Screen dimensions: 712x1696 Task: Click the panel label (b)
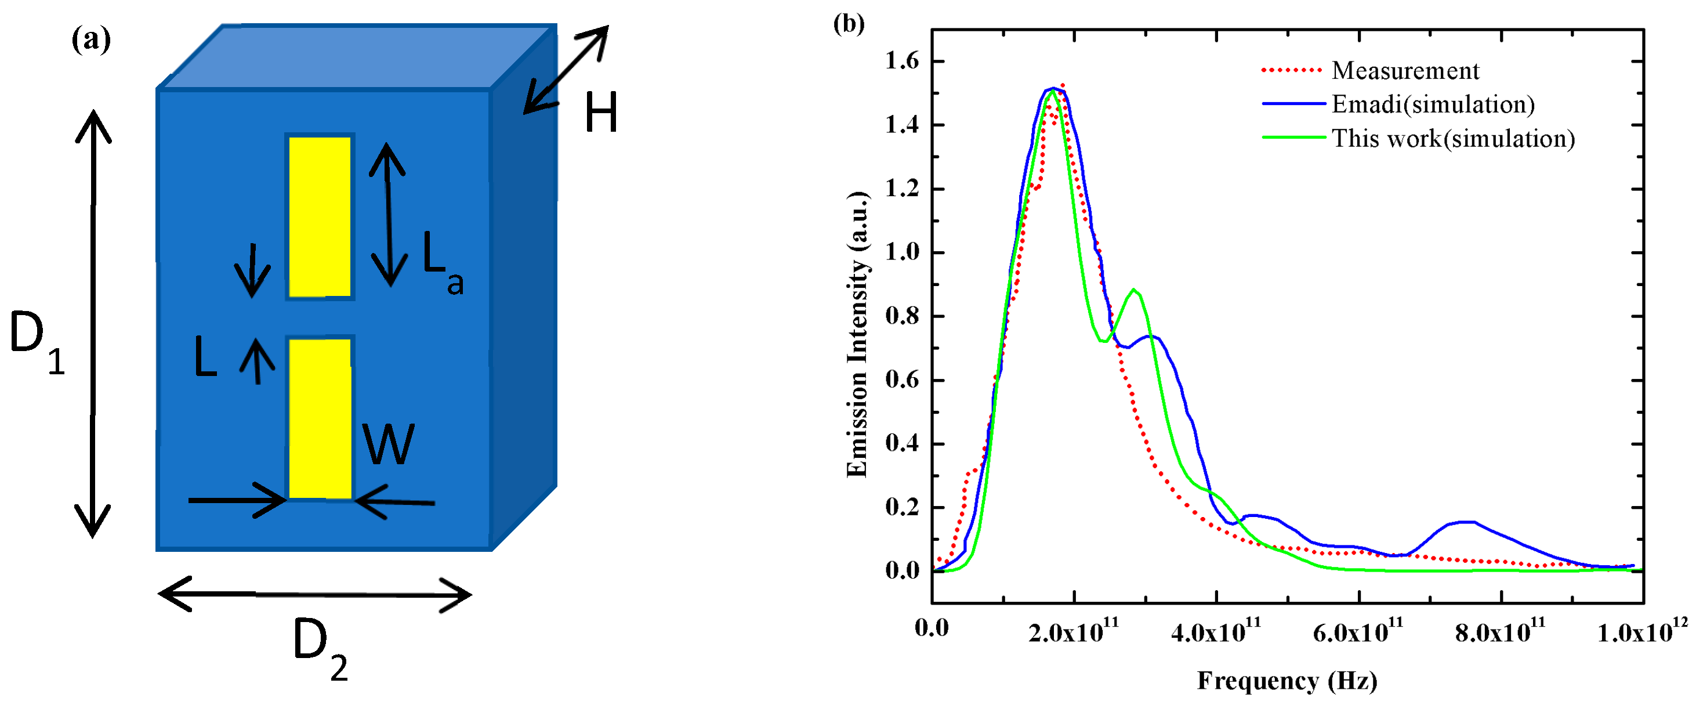click(849, 24)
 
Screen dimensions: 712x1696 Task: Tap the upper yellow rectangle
click(320, 216)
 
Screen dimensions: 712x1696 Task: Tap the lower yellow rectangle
click(320, 418)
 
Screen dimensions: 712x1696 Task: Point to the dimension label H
click(601, 113)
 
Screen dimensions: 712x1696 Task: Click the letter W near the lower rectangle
click(389, 444)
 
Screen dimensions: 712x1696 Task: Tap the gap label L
click(205, 357)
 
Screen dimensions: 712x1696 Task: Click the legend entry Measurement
click(1405, 70)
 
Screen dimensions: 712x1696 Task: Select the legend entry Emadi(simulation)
click(1433, 104)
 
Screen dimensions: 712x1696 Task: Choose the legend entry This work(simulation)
click(1453, 138)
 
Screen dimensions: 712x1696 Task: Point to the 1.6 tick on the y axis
click(902, 62)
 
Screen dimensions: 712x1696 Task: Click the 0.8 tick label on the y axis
click(902, 316)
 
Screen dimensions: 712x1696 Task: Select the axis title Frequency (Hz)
click(1287, 681)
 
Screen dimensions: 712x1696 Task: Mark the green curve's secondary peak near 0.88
click(1133, 290)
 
